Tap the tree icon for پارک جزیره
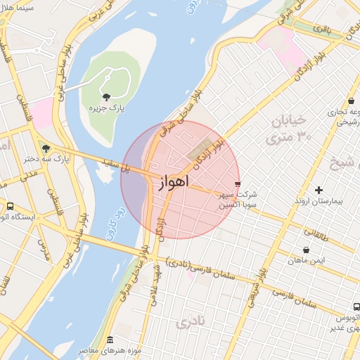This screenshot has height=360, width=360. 106,97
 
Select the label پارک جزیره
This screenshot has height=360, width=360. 107,110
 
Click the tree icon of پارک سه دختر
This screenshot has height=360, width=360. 46,148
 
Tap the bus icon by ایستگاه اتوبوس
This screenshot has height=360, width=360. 10,207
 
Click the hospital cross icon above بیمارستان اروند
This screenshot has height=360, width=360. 319,190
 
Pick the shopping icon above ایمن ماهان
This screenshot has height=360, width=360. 306,250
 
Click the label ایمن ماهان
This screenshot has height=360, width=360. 306,261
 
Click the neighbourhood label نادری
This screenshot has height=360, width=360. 193,324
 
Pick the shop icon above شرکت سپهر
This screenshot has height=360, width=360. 238,184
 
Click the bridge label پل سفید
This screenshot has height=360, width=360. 117,166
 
